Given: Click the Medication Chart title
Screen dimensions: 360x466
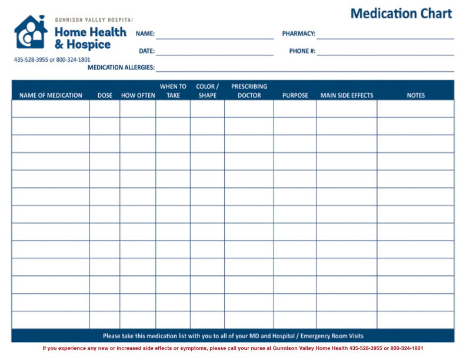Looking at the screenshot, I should pyautogui.click(x=401, y=14).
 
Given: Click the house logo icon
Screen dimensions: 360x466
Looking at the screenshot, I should pyautogui.click(x=31, y=32).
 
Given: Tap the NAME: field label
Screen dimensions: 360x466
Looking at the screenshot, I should pyautogui.click(x=145, y=34).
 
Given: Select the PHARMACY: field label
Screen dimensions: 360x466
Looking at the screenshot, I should pyautogui.click(x=298, y=34).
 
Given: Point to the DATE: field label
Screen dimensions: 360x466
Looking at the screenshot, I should pyautogui.click(x=147, y=51).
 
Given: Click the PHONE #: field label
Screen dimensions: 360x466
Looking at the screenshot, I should pyautogui.click(x=302, y=51).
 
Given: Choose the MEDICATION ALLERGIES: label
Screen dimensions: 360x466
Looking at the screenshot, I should pyautogui.click(x=121, y=68).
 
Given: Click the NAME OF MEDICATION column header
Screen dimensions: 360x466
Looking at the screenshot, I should pyautogui.click(x=51, y=95).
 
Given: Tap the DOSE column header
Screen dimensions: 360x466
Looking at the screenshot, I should pyautogui.click(x=105, y=95).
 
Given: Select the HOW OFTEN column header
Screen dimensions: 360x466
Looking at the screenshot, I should pyautogui.click(x=138, y=95).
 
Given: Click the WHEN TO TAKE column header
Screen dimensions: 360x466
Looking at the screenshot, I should pyautogui.click(x=173, y=91).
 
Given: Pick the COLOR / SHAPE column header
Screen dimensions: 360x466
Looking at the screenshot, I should pyautogui.click(x=207, y=91).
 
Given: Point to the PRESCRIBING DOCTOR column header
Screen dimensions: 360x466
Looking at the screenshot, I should pyautogui.click(x=249, y=91).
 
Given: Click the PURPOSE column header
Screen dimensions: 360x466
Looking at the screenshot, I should pyautogui.click(x=295, y=95).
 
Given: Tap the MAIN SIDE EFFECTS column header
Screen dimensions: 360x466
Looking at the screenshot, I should pyautogui.click(x=347, y=95).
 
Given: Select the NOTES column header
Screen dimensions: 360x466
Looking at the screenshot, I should pyautogui.click(x=415, y=95).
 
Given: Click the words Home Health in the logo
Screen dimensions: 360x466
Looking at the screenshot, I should pyautogui.click(x=90, y=32).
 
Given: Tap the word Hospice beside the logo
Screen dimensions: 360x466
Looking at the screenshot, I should pyautogui.click(x=88, y=45).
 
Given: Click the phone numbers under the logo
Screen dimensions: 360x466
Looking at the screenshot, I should pyautogui.click(x=52, y=60).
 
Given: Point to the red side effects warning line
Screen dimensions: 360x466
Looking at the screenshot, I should pyautogui.click(x=232, y=348).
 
